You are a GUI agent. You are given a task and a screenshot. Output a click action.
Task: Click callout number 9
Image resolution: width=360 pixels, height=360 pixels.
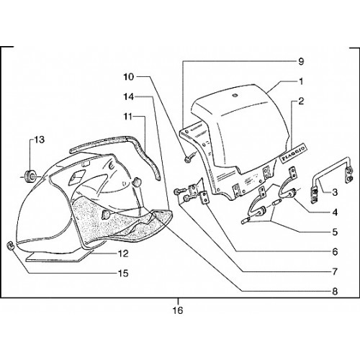[x=301, y=61]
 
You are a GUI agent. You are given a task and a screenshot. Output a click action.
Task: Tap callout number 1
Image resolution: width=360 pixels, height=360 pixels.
[x=301, y=81]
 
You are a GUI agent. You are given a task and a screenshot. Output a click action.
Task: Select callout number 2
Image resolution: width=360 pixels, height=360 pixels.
[x=301, y=101]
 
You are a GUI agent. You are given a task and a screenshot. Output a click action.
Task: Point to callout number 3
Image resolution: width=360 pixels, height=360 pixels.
[x=335, y=192]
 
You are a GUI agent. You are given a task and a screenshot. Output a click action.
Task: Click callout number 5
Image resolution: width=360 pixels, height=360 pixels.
[x=335, y=232]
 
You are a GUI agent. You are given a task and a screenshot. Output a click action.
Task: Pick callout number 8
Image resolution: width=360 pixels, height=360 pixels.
[x=335, y=292]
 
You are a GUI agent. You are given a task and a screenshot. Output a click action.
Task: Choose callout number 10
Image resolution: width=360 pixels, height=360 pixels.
[x=129, y=77]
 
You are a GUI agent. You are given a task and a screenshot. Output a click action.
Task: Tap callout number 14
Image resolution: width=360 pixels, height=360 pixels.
[x=129, y=96]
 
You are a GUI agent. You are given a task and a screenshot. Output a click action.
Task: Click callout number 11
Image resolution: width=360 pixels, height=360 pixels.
[x=128, y=117]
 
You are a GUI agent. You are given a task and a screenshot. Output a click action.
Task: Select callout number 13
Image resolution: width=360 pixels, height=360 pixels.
[x=40, y=140]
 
